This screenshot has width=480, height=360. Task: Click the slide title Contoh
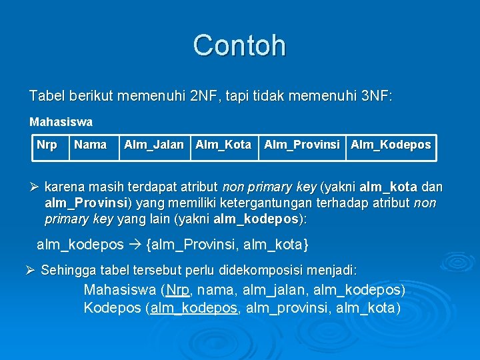point(239,45)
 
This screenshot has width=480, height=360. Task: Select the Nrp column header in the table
point(47,145)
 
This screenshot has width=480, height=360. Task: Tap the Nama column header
point(90,145)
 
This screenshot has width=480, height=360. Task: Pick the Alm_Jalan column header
point(153,145)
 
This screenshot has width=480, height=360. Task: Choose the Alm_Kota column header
point(223,145)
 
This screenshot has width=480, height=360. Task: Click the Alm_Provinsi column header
point(302,145)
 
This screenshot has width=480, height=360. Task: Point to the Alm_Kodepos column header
point(391,145)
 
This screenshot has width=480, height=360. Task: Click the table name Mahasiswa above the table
point(61,123)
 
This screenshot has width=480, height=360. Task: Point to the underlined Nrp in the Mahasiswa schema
point(177,291)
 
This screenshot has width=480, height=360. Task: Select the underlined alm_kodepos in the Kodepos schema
point(194,308)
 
